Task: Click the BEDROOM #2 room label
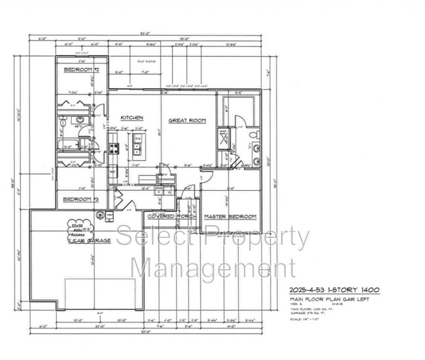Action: click(x=81, y=69)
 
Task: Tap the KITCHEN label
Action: click(x=131, y=118)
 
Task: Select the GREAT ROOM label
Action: click(x=187, y=120)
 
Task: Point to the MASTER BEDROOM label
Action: click(x=229, y=216)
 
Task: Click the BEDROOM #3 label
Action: click(x=80, y=199)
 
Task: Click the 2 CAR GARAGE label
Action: click(x=89, y=241)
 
